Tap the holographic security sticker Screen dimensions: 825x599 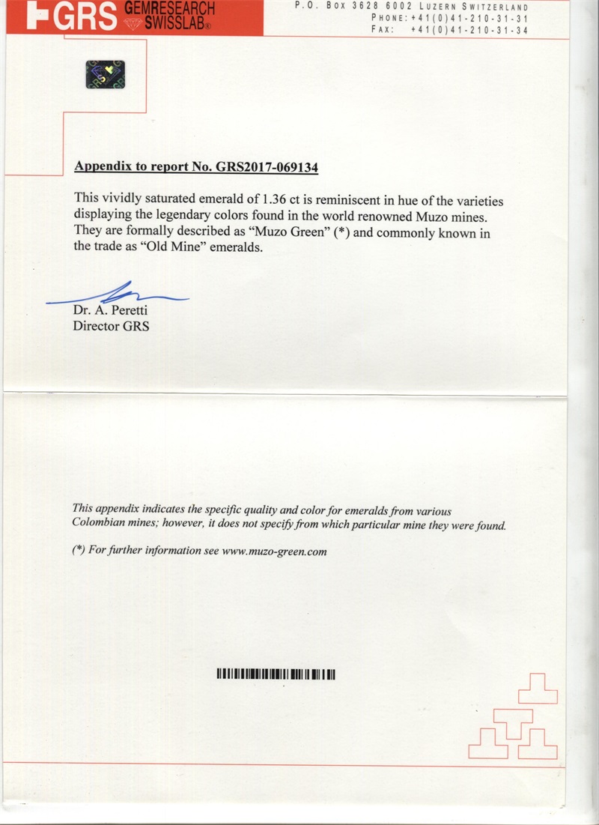(105, 73)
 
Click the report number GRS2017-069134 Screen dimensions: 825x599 (267, 167)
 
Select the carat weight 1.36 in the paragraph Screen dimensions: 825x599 (270, 200)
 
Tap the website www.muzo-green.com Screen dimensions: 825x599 (275, 551)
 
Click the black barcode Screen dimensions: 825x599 (276, 674)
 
